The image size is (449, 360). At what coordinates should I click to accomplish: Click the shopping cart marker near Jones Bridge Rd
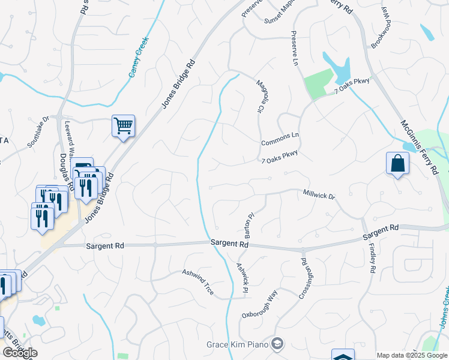tap(123, 126)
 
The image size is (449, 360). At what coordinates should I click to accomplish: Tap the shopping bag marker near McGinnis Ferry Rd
tap(397, 163)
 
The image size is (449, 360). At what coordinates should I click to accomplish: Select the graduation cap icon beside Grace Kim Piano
tap(278, 344)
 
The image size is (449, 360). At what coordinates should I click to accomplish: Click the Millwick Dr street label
tap(319, 196)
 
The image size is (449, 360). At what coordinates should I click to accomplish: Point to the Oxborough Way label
tap(260, 304)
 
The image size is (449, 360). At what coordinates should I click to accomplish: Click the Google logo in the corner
tap(20, 353)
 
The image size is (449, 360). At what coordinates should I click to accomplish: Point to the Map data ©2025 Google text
tap(411, 355)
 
